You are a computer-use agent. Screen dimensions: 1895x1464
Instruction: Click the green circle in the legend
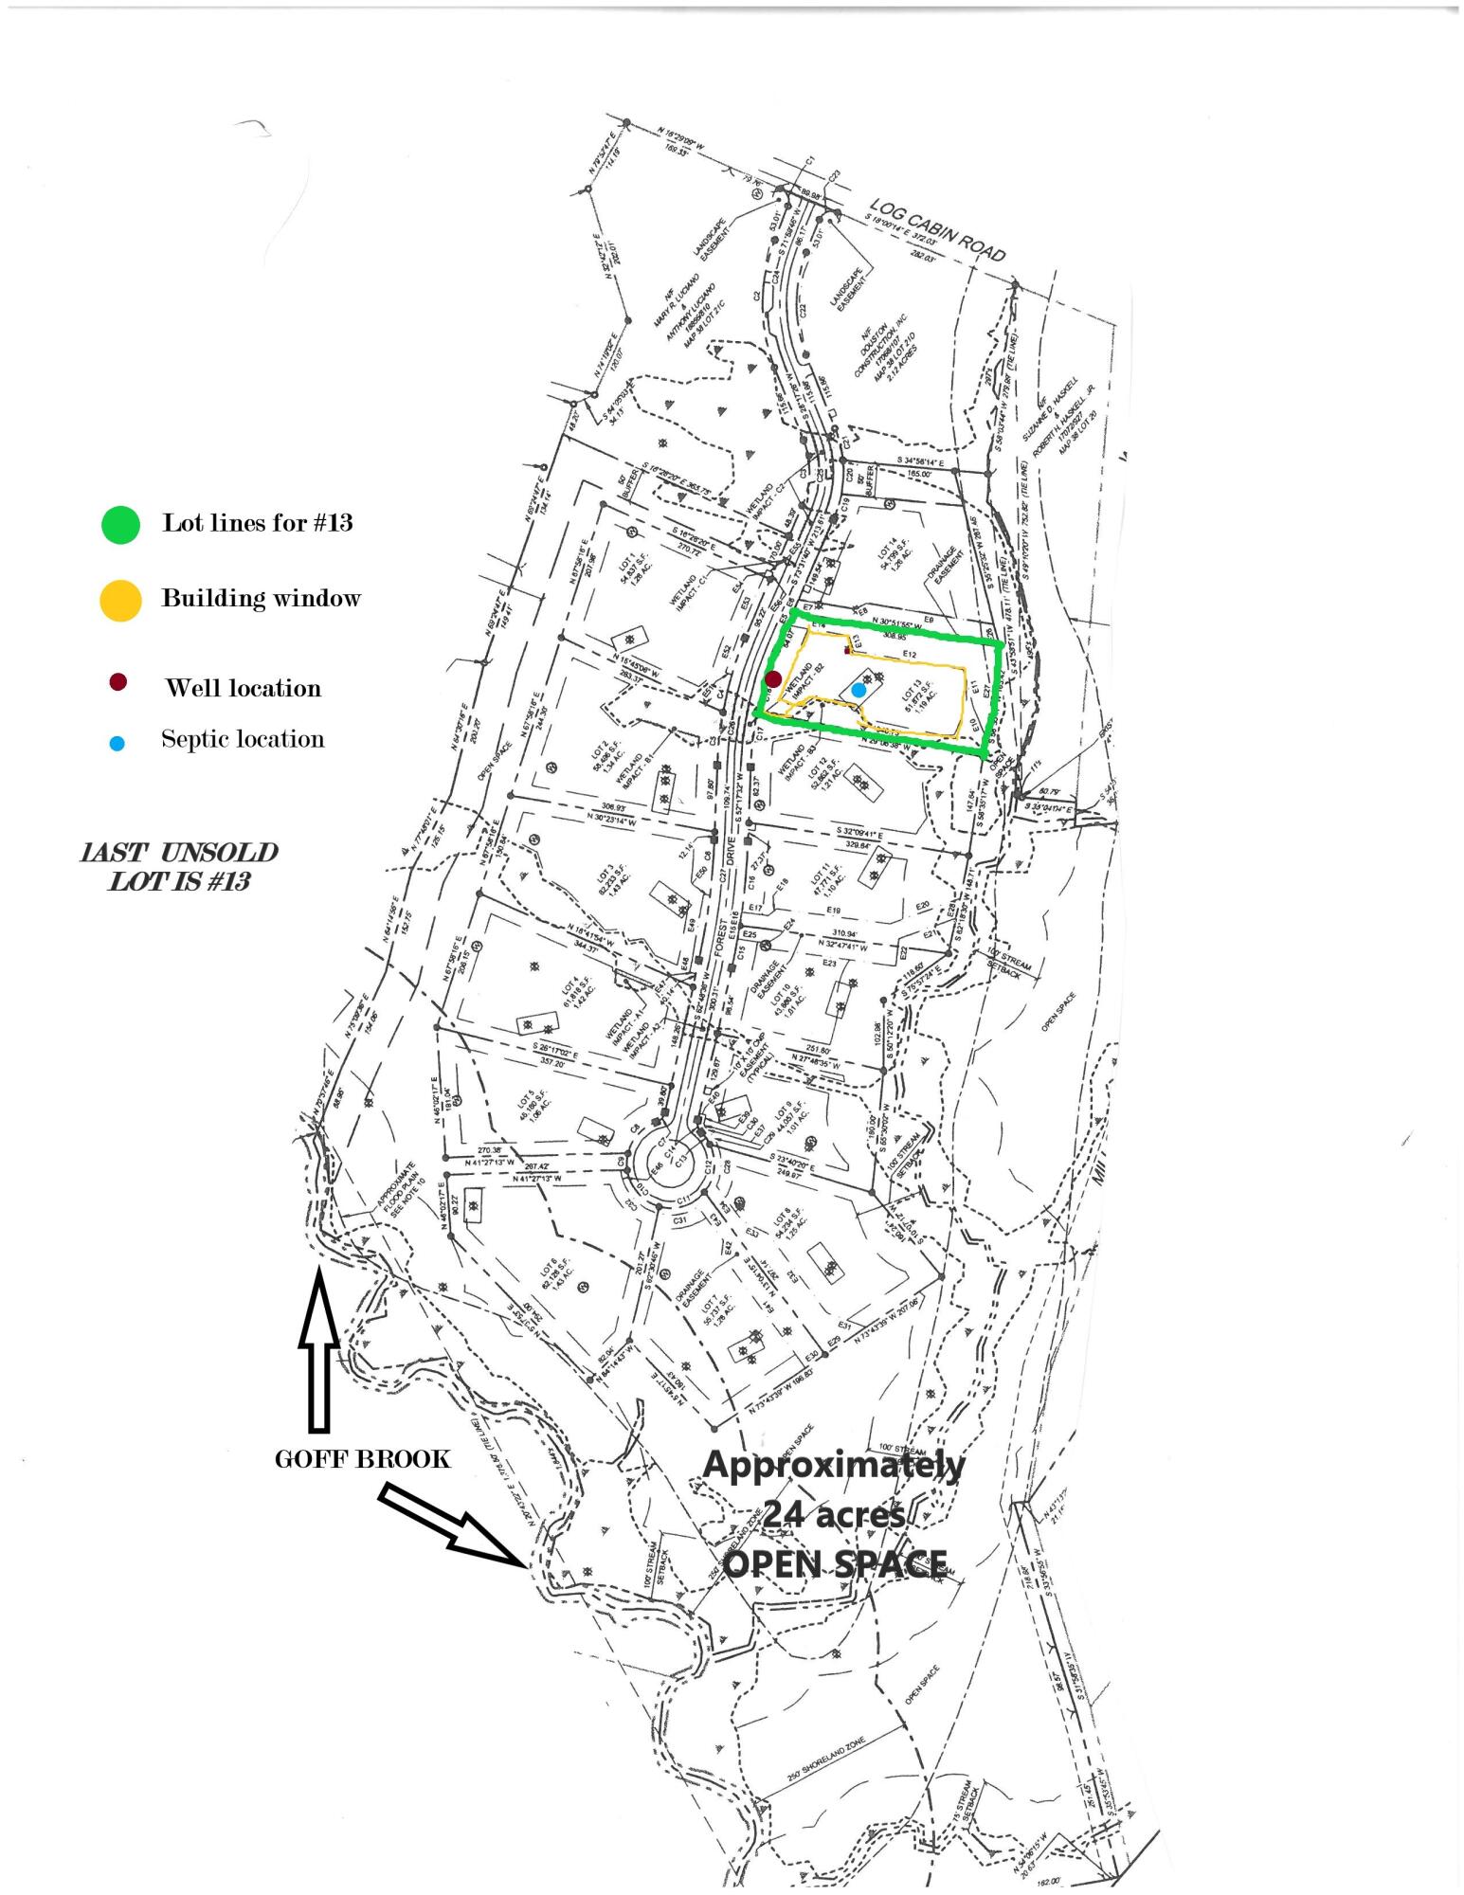pyautogui.click(x=120, y=523)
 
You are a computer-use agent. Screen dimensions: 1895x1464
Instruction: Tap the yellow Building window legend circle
pyautogui.click(x=120, y=600)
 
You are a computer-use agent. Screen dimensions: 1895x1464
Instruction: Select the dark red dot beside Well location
pyautogui.click(x=117, y=683)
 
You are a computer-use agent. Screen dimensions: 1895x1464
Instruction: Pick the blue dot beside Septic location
pyautogui.click(x=117, y=744)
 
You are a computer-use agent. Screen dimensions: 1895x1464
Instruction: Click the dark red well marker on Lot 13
pyautogui.click(x=773, y=678)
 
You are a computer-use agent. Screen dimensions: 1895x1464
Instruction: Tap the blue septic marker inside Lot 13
pyautogui.click(x=859, y=690)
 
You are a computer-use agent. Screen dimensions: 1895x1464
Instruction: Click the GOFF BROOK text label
pyautogui.click(x=362, y=1458)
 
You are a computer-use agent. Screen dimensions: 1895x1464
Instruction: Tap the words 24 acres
pyautogui.click(x=834, y=1514)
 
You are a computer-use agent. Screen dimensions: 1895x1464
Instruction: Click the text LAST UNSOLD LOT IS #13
pyautogui.click(x=179, y=866)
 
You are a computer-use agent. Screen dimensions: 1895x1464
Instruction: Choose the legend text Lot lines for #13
pyautogui.click(x=257, y=523)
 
